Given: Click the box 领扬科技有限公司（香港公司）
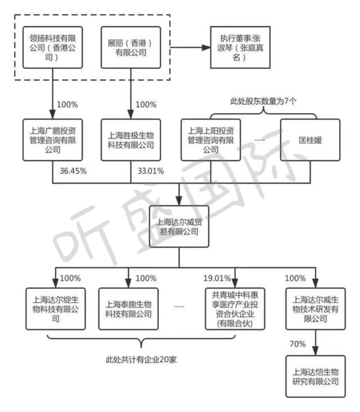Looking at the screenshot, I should point(53,47).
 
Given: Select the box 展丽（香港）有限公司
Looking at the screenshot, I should point(130,47).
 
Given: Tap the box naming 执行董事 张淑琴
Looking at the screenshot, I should point(240,47).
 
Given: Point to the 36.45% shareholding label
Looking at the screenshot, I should point(73,171).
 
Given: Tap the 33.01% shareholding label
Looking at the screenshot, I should point(151,171).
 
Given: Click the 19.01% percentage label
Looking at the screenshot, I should point(217,278).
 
